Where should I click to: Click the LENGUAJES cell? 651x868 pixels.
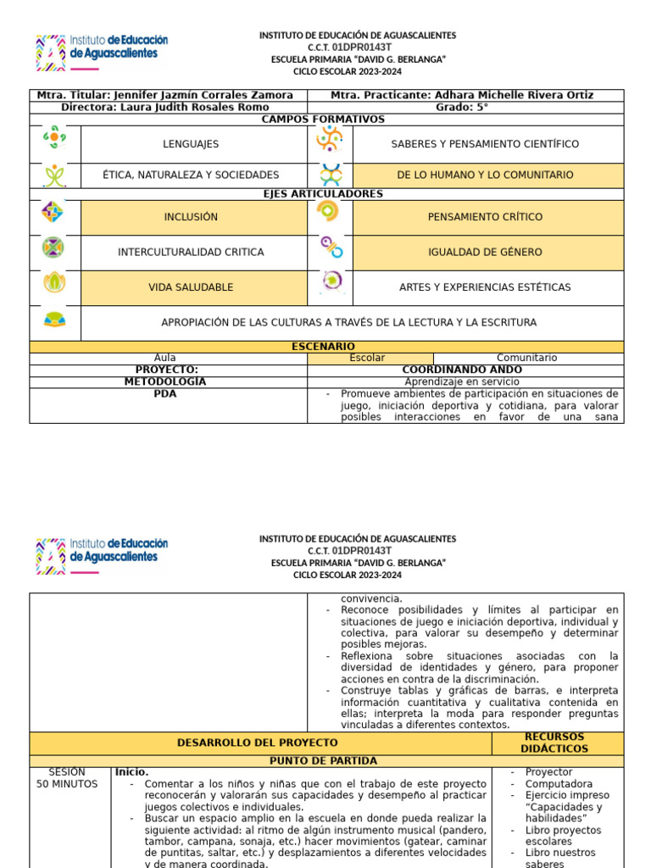point(191,144)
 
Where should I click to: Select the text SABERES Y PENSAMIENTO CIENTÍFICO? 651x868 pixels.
point(485,144)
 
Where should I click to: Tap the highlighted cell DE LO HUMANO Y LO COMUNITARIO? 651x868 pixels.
point(485,175)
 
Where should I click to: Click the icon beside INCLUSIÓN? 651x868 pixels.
point(53,213)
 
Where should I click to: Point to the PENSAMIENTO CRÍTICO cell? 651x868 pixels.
point(485,217)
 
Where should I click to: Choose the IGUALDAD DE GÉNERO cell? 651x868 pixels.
point(485,252)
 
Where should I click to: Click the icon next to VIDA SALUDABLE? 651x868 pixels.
point(54,283)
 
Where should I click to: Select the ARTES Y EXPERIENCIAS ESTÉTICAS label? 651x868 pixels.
point(485,287)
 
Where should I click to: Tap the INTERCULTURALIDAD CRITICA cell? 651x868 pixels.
point(191,252)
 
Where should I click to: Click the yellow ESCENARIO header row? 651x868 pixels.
point(323,347)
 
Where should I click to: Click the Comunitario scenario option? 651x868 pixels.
point(526,359)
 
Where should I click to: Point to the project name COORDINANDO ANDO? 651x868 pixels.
point(461,370)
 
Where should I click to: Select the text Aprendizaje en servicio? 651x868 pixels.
point(461,382)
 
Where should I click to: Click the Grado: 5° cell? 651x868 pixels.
point(462,108)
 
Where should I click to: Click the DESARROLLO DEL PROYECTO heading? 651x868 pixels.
point(257,743)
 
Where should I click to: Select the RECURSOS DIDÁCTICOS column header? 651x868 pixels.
point(554,743)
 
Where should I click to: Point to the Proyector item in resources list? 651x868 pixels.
point(548,772)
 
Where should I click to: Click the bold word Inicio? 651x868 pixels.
point(132,772)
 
